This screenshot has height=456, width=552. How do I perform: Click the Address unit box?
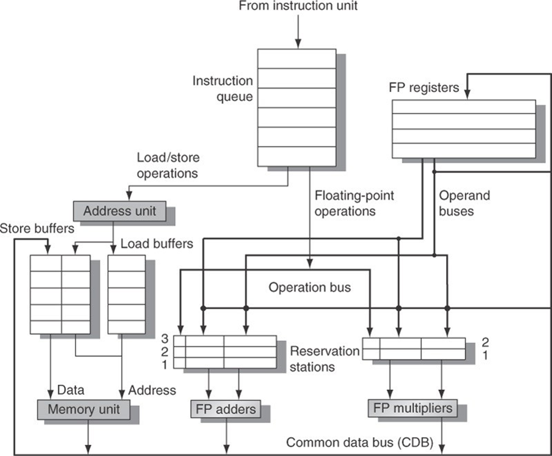click(119, 211)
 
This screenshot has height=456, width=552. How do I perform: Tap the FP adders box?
click(226, 408)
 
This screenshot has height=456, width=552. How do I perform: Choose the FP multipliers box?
click(413, 408)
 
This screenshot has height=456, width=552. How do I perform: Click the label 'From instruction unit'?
click(298, 7)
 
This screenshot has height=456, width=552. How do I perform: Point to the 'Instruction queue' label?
click(222, 89)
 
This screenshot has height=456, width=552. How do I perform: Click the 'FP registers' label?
click(424, 88)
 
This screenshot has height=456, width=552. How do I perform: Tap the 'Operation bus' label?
click(310, 287)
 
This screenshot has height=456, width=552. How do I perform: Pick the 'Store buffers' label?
click(37, 229)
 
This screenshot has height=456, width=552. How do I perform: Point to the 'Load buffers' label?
click(157, 244)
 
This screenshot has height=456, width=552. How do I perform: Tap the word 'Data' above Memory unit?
click(71, 390)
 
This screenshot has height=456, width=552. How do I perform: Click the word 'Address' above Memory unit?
click(152, 390)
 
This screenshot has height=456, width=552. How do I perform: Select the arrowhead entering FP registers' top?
click(467, 95)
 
